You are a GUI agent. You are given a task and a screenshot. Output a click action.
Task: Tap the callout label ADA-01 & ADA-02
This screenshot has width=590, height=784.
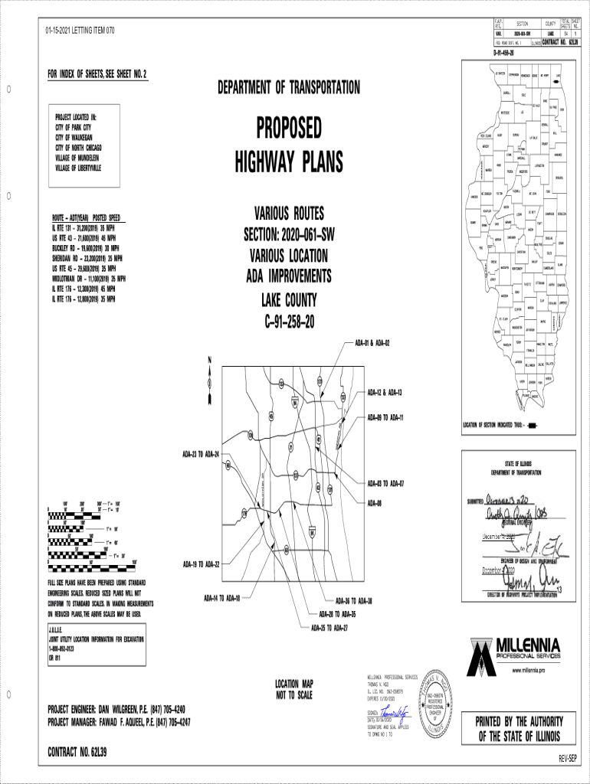tap(372, 343)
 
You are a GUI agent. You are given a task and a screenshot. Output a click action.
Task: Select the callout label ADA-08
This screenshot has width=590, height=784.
tap(375, 503)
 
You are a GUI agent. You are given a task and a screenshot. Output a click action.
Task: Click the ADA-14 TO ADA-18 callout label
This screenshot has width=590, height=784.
tap(222, 597)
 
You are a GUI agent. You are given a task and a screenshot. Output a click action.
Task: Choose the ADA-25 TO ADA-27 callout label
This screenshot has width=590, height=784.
tap(329, 628)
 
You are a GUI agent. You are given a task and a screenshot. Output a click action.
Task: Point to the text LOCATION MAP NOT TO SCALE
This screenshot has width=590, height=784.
tap(294, 689)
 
